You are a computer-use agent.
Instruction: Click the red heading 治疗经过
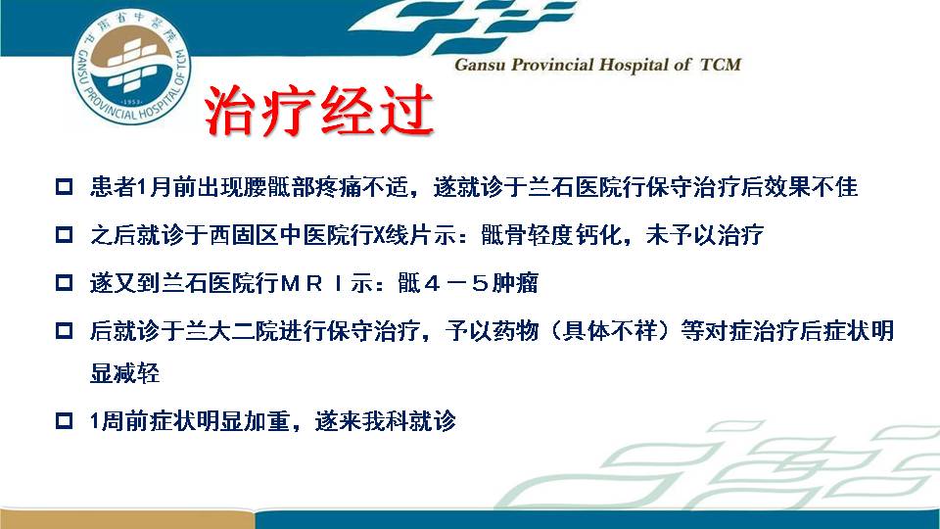click(x=319, y=111)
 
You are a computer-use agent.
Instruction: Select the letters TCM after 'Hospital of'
click(x=721, y=65)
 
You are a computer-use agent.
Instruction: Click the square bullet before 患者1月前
click(x=65, y=186)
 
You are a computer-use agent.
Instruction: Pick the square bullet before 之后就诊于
click(x=65, y=234)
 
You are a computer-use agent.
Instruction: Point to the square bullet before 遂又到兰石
click(x=65, y=282)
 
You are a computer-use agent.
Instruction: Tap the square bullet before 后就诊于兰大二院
click(x=65, y=330)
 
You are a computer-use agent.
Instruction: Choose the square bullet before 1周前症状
click(x=65, y=420)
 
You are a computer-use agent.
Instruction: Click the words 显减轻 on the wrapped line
click(x=124, y=372)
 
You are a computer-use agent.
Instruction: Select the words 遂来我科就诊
click(x=386, y=420)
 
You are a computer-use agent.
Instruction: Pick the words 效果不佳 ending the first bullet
click(x=811, y=186)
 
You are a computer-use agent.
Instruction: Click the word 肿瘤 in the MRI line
click(x=515, y=282)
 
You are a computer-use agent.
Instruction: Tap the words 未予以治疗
click(x=704, y=234)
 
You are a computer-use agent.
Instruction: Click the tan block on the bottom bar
click(x=127, y=519)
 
